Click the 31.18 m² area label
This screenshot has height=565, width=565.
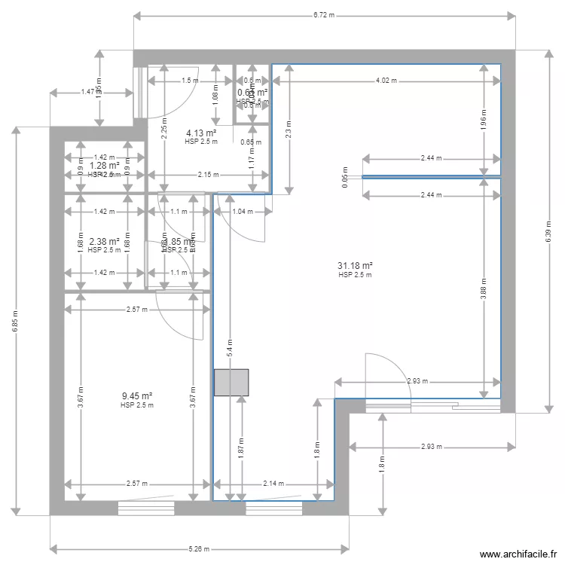356,266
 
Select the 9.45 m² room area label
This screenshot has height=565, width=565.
137,396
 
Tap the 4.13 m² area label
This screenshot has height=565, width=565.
201,133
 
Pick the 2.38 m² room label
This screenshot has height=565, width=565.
104,242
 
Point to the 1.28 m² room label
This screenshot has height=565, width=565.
104,165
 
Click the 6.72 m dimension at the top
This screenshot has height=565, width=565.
324,14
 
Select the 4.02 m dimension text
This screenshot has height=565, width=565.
386,80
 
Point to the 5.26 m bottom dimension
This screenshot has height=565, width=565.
199,549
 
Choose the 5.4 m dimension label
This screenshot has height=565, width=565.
229,347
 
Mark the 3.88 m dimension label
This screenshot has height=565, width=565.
483,289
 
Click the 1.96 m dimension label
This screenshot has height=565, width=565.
483,118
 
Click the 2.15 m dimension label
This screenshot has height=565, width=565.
208,174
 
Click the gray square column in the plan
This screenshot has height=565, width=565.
231,383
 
